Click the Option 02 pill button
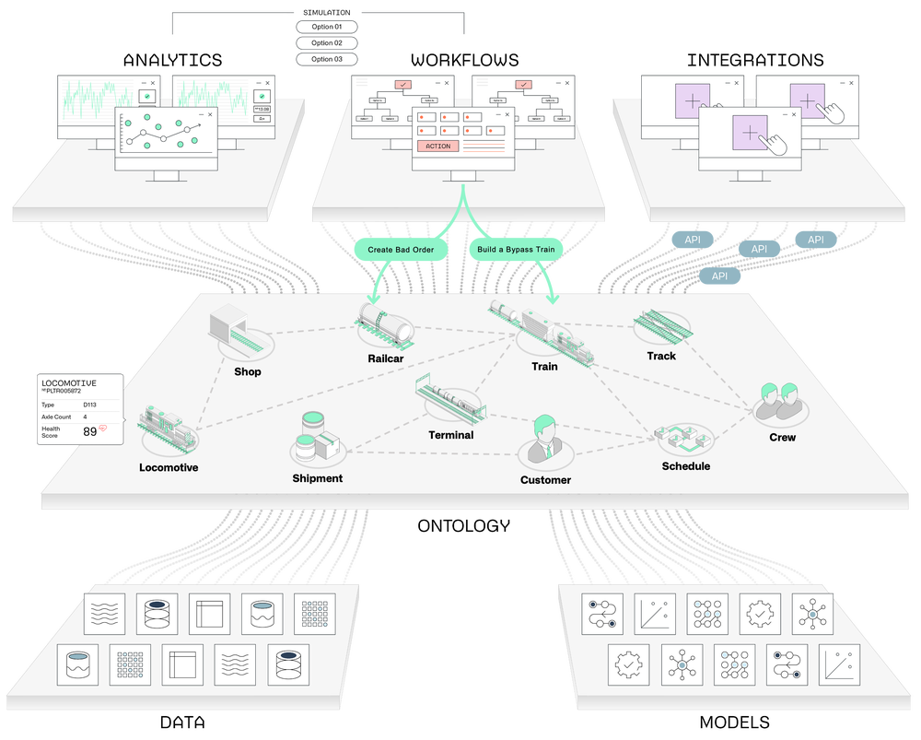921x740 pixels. click(x=326, y=43)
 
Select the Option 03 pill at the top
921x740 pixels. click(x=326, y=59)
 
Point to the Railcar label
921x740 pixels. click(x=385, y=358)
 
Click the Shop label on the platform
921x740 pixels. click(x=247, y=372)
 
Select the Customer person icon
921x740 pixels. click(x=544, y=439)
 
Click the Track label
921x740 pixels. click(x=660, y=356)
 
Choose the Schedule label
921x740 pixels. click(x=685, y=466)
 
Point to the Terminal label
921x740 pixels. click(x=450, y=435)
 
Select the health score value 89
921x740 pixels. click(x=90, y=431)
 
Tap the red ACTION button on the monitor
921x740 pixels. click(x=437, y=147)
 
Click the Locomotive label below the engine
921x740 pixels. click(x=169, y=467)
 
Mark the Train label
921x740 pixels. click(x=544, y=367)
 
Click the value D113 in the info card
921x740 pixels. click(x=90, y=405)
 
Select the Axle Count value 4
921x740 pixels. click(x=86, y=417)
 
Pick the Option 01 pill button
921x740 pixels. click(x=326, y=27)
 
